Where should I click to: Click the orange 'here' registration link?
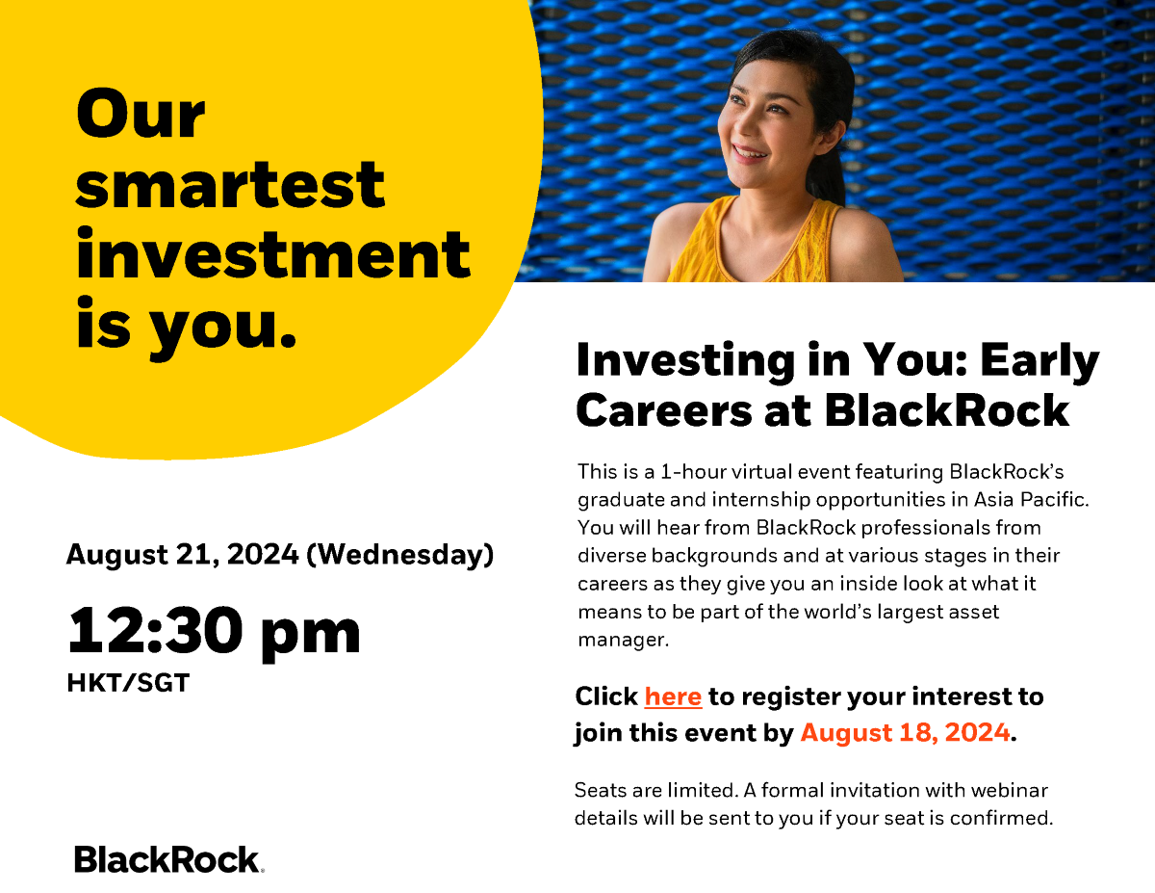click(673, 696)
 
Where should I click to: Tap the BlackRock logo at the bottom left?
click(167, 859)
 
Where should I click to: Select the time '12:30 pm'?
click(213, 631)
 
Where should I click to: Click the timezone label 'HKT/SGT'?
click(128, 684)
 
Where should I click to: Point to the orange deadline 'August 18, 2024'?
click(905, 733)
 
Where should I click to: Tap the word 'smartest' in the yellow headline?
click(230, 185)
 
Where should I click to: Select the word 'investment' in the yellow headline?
click(272, 256)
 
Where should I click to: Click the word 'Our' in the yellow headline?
click(141, 115)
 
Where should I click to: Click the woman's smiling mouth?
click(750, 152)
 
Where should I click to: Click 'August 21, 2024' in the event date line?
click(181, 555)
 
